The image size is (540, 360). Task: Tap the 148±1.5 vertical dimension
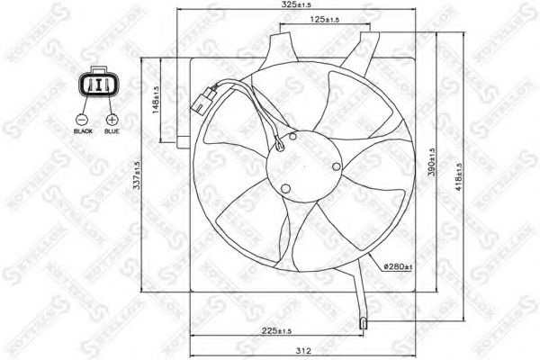155,102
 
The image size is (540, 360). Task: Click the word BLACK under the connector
83,132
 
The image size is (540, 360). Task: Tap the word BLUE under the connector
112,132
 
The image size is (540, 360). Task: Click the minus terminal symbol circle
83,119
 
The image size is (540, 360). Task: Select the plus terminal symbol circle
112,119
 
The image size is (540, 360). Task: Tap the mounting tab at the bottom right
364,321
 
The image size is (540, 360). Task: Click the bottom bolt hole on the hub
286,189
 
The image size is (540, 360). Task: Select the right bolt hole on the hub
336,166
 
